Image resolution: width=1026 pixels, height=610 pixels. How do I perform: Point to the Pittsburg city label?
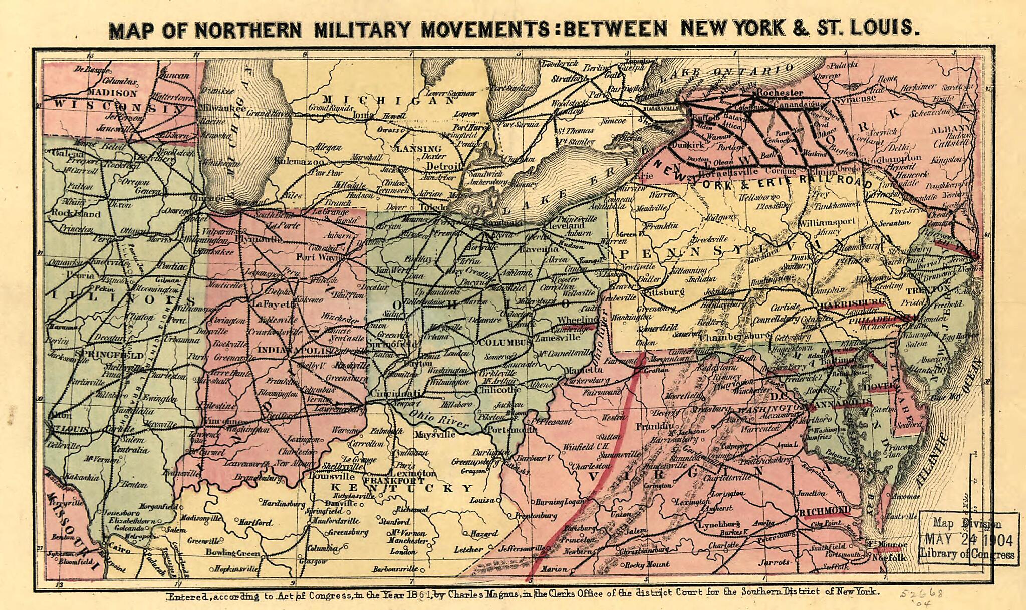[662, 291]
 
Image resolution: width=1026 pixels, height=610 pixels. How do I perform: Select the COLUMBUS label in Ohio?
[502, 343]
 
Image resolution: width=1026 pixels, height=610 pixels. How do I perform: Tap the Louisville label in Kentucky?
[325, 476]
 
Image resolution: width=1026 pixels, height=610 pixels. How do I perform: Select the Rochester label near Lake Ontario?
[780, 93]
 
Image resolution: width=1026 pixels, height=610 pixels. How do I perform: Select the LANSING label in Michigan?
[418, 149]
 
